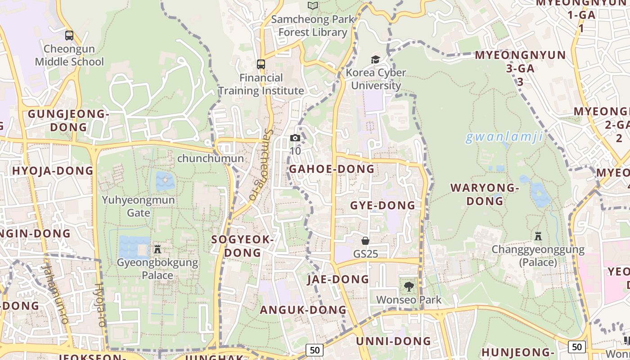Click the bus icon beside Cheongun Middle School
69,35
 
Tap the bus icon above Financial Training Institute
261,64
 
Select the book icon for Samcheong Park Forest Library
313,6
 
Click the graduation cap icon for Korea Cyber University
375,59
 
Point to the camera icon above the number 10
295,138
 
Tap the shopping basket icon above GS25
365,241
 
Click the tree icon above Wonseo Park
409,286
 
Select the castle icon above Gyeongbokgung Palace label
157,249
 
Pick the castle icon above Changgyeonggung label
538,236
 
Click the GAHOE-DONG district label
332,169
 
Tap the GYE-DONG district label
382,206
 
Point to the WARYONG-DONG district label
485,194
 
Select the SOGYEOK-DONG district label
243,246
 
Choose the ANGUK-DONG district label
303,310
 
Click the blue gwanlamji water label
504,137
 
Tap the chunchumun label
211,158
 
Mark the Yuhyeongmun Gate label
139,206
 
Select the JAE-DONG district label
338,279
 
